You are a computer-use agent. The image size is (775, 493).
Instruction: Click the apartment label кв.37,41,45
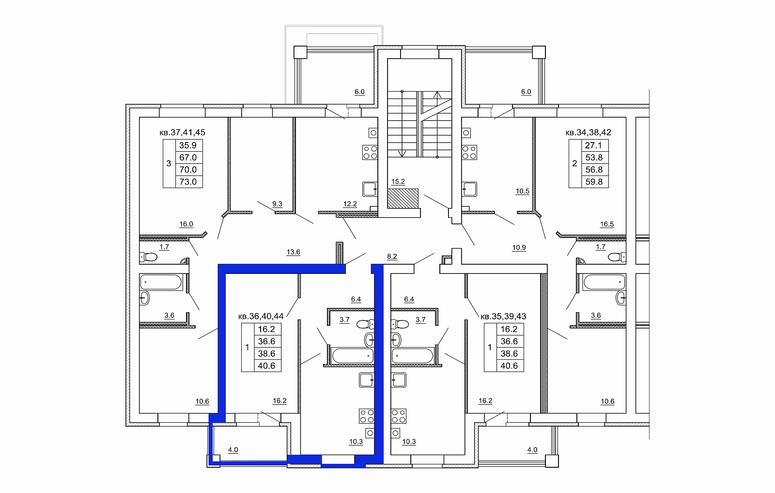pyautogui.click(x=182, y=132)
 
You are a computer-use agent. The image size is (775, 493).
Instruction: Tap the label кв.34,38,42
pyautogui.click(x=588, y=132)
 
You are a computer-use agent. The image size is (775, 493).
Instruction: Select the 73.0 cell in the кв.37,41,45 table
pyautogui.click(x=189, y=182)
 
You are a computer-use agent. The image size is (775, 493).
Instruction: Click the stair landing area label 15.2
pyautogui.click(x=398, y=181)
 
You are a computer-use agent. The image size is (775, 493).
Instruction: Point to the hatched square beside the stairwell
pyautogui.click(x=403, y=198)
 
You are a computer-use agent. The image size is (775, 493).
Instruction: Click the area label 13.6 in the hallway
pyautogui.click(x=293, y=252)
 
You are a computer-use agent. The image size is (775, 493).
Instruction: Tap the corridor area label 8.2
pyautogui.click(x=392, y=256)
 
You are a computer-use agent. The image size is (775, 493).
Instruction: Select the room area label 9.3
pyautogui.click(x=277, y=204)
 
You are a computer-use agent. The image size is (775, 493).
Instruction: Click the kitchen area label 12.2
pyautogui.click(x=350, y=204)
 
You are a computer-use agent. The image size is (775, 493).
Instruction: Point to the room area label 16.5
pyautogui.click(x=607, y=224)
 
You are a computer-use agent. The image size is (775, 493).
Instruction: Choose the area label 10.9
pyautogui.click(x=519, y=248)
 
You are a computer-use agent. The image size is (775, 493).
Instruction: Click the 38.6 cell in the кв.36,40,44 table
pyautogui.click(x=267, y=353)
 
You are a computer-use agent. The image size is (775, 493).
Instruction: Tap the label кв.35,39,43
pyautogui.click(x=503, y=316)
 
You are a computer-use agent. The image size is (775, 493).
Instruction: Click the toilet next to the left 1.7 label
pyautogui.click(x=148, y=257)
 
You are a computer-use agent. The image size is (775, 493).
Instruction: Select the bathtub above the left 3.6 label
pyautogui.click(x=161, y=282)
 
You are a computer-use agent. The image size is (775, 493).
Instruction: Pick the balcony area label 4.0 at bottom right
pyautogui.click(x=532, y=450)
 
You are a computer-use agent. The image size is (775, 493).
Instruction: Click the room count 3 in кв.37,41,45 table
pyautogui.click(x=169, y=163)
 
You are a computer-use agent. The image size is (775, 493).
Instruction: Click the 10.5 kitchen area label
pyautogui.click(x=523, y=191)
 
